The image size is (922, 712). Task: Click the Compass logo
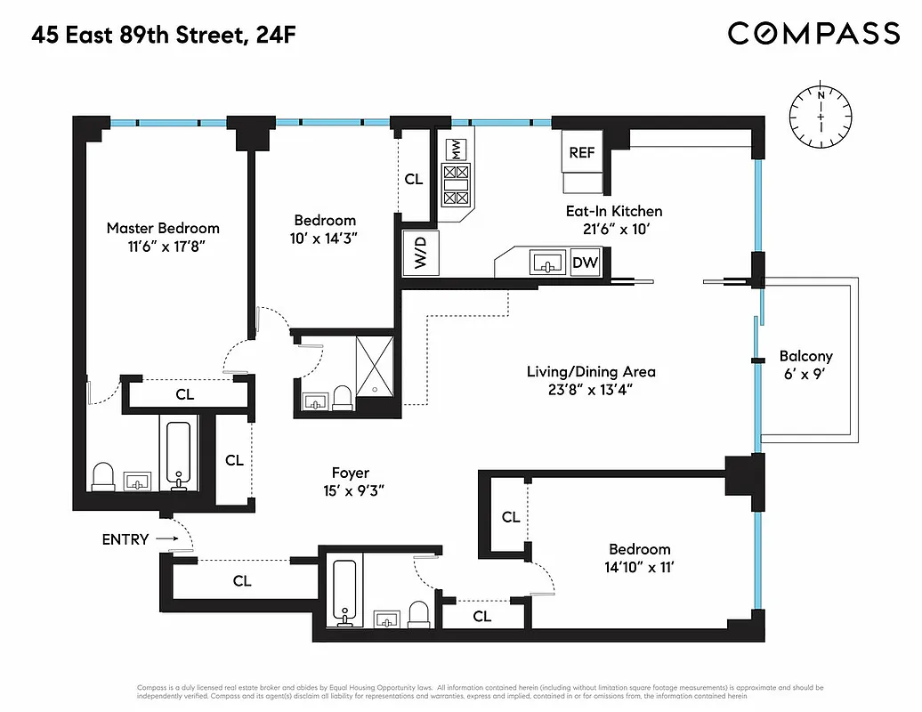tap(813, 34)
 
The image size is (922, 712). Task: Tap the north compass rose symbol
tap(820, 117)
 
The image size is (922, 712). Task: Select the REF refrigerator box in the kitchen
tap(582, 152)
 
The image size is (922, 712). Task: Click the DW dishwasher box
tap(584, 263)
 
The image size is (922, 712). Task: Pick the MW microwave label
tap(455, 147)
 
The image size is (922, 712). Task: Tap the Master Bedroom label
tap(163, 229)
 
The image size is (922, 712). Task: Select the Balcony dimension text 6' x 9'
tap(805, 374)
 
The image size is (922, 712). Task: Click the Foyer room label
tap(351, 473)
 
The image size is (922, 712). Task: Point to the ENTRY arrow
tap(166, 539)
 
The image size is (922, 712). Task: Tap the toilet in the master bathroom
tap(103, 475)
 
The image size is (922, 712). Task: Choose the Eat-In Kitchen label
tap(614, 212)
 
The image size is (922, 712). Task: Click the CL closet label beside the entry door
tap(241, 581)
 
